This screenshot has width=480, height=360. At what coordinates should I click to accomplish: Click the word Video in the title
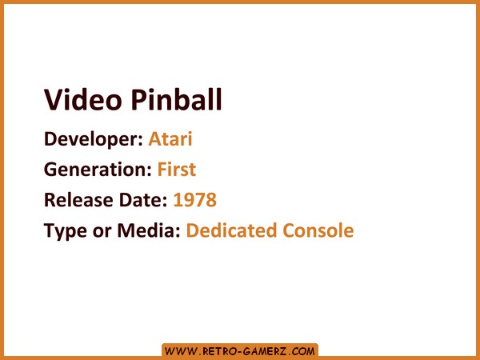click(82, 99)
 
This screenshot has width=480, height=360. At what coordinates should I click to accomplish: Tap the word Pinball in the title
click(176, 99)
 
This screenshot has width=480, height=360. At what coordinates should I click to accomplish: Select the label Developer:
click(94, 140)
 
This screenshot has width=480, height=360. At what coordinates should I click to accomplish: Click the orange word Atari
click(170, 138)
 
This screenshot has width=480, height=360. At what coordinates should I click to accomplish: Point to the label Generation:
click(98, 170)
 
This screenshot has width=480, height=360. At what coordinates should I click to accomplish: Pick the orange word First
click(177, 170)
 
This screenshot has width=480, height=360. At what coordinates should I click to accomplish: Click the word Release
click(78, 200)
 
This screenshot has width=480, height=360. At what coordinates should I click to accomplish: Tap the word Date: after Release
click(143, 200)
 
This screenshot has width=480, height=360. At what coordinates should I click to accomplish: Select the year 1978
click(195, 200)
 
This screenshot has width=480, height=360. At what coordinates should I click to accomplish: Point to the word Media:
click(149, 230)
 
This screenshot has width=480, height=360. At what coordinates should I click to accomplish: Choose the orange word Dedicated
click(232, 230)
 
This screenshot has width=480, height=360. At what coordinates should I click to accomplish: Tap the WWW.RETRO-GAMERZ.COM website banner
click(240, 351)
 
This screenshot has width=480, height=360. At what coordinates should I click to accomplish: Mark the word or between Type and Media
click(102, 232)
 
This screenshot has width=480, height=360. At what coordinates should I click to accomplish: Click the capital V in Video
click(54, 100)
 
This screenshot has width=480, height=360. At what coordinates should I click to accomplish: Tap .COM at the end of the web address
click(302, 351)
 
